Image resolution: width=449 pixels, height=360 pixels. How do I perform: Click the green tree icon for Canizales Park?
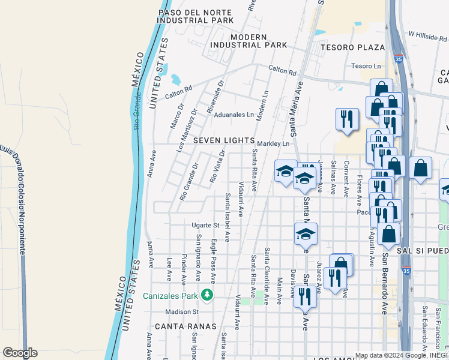tap(206, 295)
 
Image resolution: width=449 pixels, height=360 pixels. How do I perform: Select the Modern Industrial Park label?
tap(249, 41)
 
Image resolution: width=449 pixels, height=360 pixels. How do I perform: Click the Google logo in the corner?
tap(20, 353)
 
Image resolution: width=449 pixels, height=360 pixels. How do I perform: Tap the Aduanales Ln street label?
tap(234, 115)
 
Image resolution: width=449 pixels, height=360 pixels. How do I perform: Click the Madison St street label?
tap(182, 312)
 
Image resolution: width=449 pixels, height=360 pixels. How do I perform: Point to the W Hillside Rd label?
tap(427, 36)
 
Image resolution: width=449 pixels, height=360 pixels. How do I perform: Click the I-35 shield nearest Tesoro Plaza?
tap(399, 59)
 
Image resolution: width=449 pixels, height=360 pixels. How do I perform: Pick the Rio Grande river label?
tap(137, 111)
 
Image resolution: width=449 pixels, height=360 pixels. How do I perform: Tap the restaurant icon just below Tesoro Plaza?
tap(346, 119)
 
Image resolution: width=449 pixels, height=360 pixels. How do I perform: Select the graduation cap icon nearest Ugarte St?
tap(306, 233)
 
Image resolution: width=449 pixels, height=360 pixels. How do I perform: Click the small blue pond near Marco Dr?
tap(175, 79)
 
